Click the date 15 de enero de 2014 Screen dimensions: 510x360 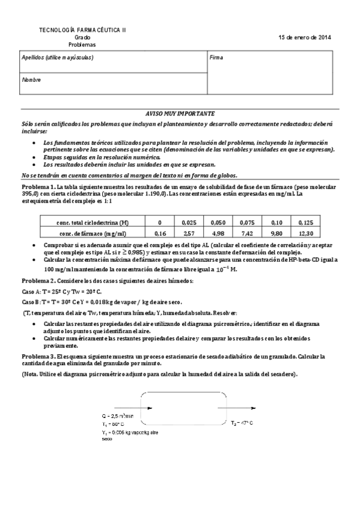coord(304,37)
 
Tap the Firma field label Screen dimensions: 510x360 coord(216,58)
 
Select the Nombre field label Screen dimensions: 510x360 coord(31,79)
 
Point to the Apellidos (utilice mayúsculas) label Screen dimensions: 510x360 coord(57,58)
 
